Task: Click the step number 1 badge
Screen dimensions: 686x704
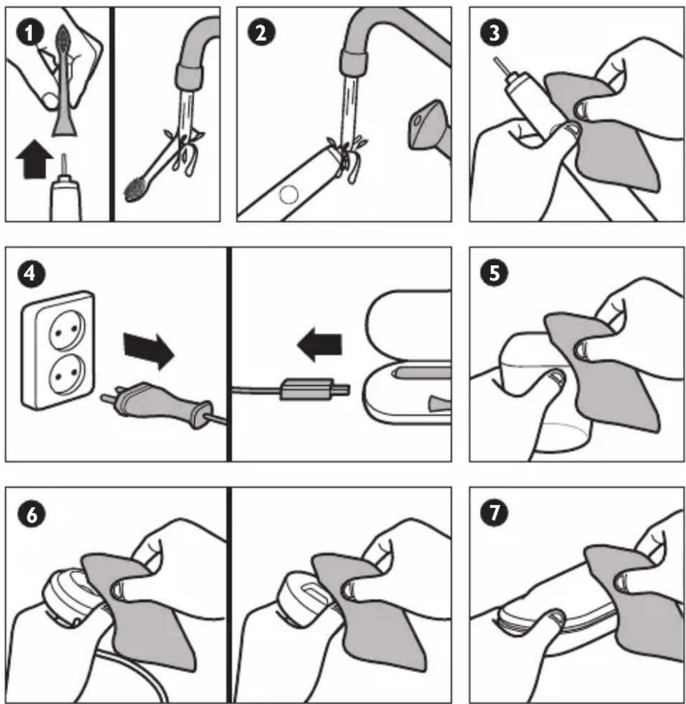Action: click(x=30, y=34)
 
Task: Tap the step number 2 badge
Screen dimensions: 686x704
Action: click(x=261, y=34)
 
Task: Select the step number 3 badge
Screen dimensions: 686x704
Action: click(x=494, y=34)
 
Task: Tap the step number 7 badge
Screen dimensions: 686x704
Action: click(x=494, y=512)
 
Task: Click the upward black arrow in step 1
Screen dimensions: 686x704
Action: click(x=35, y=159)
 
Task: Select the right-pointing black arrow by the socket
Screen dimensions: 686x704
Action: click(x=148, y=350)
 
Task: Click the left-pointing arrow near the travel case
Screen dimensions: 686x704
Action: click(x=319, y=344)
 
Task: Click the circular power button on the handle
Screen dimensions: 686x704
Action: click(x=289, y=195)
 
